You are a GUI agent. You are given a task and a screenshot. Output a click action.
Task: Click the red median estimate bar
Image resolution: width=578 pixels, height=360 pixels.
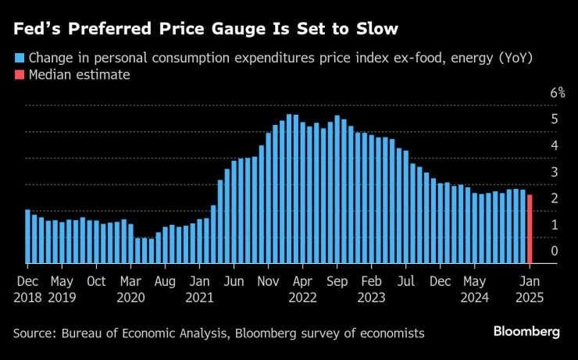point(530,229)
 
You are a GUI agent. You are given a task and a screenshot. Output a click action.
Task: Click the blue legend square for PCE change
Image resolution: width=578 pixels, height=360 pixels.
point(18,57)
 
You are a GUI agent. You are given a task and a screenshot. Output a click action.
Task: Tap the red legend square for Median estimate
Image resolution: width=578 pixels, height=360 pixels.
point(18,75)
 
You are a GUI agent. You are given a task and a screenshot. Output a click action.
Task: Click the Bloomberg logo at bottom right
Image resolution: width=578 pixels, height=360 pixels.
point(526,332)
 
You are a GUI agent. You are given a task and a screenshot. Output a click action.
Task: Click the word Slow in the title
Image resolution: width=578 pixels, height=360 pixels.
point(373,30)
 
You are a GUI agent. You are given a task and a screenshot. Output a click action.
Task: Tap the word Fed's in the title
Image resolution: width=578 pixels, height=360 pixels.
point(36,30)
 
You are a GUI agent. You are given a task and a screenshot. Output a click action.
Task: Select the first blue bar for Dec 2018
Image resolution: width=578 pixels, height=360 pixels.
point(28,237)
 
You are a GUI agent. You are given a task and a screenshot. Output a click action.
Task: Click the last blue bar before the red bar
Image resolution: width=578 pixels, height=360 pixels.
point(523,226)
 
